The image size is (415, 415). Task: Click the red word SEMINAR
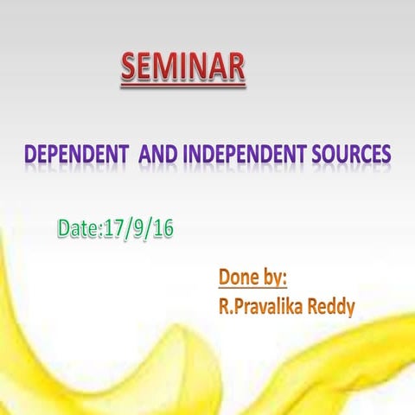coord(182,66)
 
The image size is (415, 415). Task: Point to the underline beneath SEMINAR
coord(182,85)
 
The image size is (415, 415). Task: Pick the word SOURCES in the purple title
coord(354,155)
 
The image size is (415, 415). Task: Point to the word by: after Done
coord(274,279)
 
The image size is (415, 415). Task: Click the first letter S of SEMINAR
coord(130,66)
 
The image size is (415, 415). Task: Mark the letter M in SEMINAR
coord(168,66)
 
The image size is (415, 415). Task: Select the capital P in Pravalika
coord(237,306)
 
